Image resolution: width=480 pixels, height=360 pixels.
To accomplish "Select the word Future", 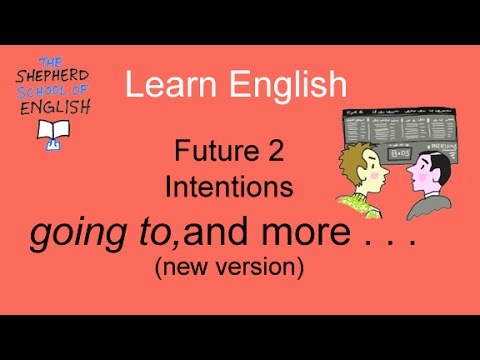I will pyautogui.click(x=203, y=152).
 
